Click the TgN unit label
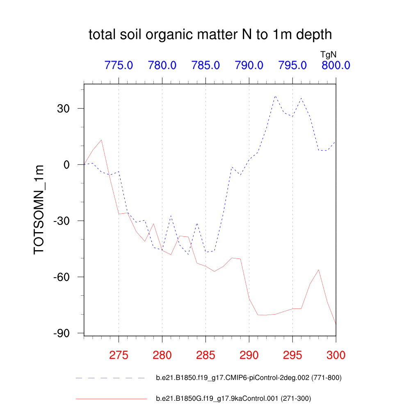[x=329, y=53]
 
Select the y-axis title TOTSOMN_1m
[x=39, y=209]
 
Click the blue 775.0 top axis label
[x=119, y=65]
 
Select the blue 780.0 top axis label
[x=162, y=65]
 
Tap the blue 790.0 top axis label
[x=249, y=65]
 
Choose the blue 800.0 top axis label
[x=336, y=65]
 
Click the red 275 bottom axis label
[x=119, y=355]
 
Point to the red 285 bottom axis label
[x=205, y=355]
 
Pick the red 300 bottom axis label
[x=336, y=355]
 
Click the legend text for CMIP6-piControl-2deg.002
[x=249, y=378]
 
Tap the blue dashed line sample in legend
[x=111, y=378]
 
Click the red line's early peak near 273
[x=101, y=140]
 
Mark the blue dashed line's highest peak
[x=275, y=96]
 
